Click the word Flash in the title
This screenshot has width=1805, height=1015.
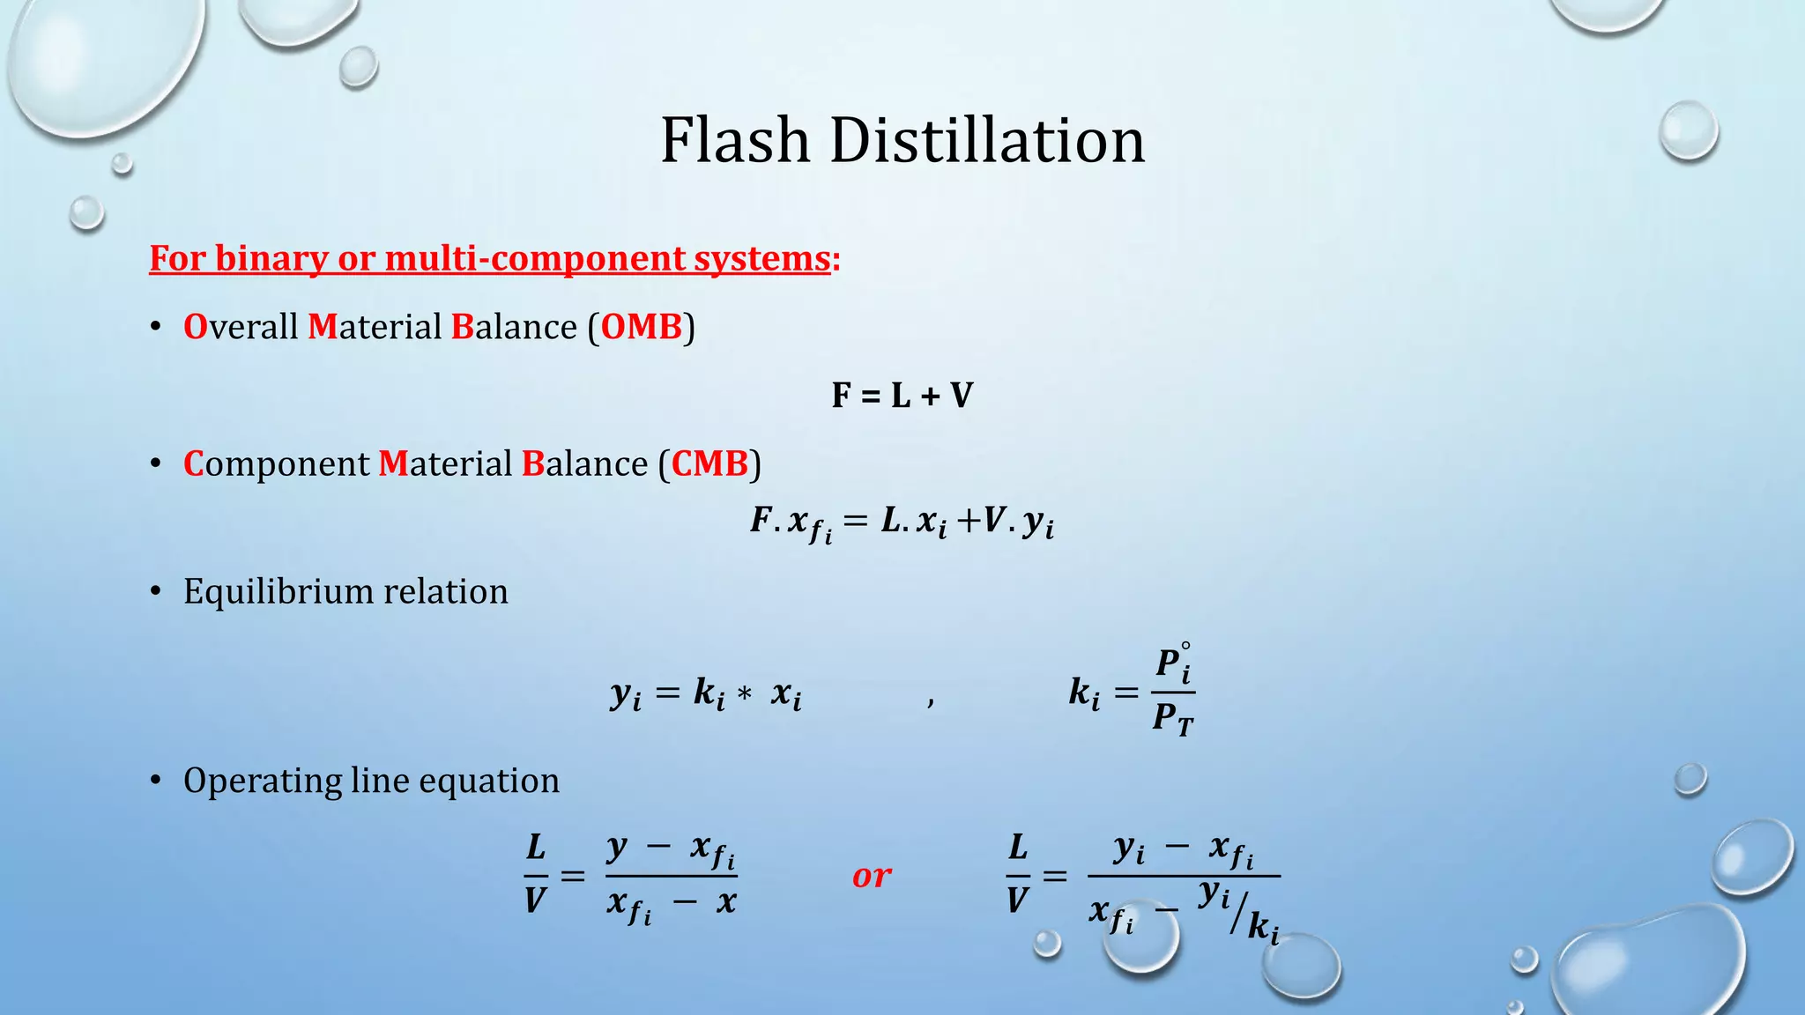click(735, 141)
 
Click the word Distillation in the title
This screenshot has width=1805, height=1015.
click(987, 141)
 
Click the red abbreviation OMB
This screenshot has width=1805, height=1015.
click(642, 327)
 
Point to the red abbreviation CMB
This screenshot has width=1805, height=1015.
click(709, 463)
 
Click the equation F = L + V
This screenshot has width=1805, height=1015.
click(902, 396)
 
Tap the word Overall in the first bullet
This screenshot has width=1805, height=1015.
click(241, 327)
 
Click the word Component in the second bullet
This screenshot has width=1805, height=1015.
click(277, 464)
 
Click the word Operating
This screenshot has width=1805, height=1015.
click(261, 782)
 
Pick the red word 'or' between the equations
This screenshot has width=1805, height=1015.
click(872, 876)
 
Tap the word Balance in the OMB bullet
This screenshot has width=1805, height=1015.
click(514, 327)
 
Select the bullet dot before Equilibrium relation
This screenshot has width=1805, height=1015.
click(156, 591)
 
